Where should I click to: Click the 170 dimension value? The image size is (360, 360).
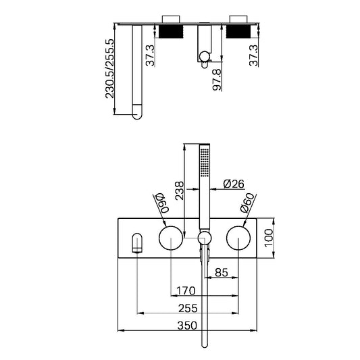pos(185,291)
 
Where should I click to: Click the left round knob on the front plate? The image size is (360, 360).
pos(170,238)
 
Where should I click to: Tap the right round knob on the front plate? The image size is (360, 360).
pos(240,238)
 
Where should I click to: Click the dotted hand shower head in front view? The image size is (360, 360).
pos(205,162)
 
